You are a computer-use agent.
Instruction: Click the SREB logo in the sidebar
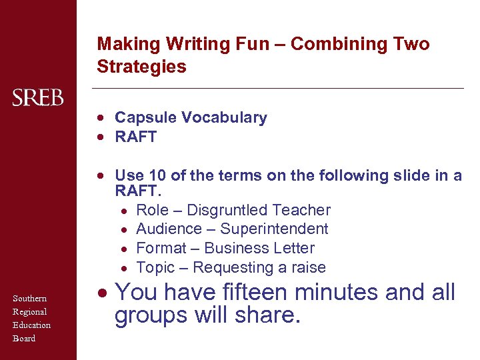tap(38, 99)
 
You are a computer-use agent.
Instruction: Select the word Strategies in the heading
tap(141, 67)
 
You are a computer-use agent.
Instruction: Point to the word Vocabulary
tap(222, 118)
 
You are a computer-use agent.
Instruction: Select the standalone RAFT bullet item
tap(135, 137)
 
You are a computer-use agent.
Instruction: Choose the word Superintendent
tap(274, 229)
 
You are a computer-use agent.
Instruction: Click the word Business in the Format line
tap(231, 249)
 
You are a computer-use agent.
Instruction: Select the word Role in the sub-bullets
tap(152, 210)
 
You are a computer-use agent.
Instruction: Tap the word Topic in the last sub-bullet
tap(155, 268)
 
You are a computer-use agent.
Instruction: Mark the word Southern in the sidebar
tap(30, 299)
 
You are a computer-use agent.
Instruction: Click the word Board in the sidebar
tap(24, 338)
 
